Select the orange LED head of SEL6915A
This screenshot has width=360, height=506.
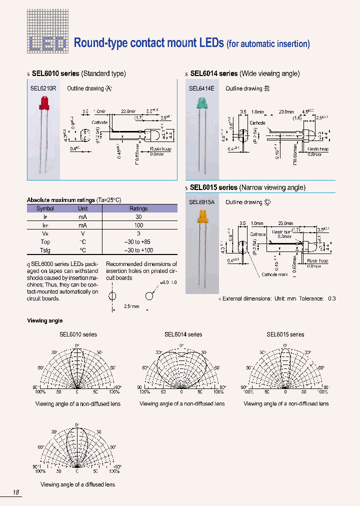click(x=202, y=216)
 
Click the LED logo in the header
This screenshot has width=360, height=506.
click(x=46, y=44)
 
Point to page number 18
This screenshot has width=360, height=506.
click(x=16, y=492)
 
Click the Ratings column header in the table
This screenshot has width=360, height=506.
click(x=138, y=208)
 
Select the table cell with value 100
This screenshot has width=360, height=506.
click(x=138, y=225)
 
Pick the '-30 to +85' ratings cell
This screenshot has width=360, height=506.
click(x=138, y=241)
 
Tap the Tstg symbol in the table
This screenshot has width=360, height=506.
click(x=45, y=250)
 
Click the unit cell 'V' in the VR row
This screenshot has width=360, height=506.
click(x=82, y=233)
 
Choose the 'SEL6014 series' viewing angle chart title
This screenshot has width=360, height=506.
click(x=183, y=334)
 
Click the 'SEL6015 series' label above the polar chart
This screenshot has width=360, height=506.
click(x=285, y=334)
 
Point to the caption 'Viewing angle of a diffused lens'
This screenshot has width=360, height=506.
click(x=77, y=484)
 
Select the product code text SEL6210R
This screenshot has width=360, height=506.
click(x=43, y=88)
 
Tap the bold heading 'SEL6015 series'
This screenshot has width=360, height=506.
click(x=213, y=187)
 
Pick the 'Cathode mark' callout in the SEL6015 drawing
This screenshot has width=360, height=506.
click(x=275, y=274)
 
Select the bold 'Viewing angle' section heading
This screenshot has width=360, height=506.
click(x=44, y=320)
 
